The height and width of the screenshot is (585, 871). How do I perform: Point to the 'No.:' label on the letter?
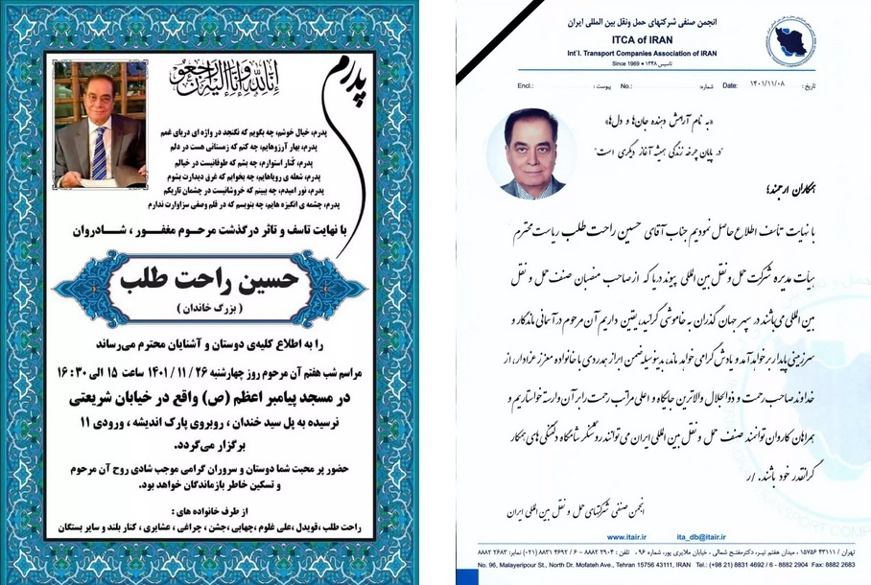(625, 85)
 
